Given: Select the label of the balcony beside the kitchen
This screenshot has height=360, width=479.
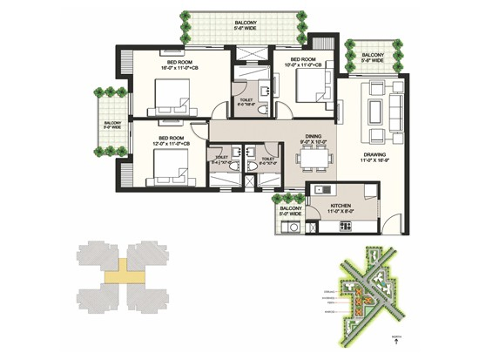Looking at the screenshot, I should (x=290, y=211).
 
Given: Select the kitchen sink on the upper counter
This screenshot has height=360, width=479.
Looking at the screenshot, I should (x=320, y=189).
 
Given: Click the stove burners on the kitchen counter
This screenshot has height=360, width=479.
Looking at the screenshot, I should (x=346, y=226).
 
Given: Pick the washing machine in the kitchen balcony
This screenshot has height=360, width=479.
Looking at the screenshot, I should (x=294, y=228).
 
